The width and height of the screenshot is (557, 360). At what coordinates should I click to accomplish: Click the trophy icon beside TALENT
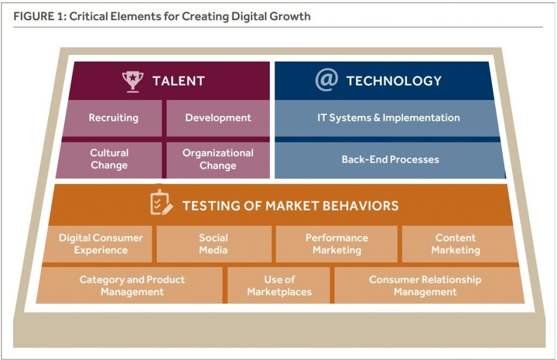point(133,82)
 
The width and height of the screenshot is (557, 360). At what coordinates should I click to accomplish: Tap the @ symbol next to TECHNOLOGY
point(326,80)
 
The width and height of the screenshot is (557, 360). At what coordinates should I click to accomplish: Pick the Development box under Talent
point(218,118)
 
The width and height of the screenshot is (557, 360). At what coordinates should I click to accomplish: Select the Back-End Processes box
point(389,160)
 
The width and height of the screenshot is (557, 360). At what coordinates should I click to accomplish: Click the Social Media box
point(214,244)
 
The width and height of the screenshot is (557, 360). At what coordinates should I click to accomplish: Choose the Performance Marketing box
point(336,244)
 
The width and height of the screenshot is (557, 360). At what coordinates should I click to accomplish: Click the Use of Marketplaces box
point(279,285)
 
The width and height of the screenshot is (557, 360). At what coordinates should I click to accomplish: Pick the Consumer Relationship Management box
point(429,285)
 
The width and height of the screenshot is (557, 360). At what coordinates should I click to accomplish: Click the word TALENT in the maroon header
point(178,81)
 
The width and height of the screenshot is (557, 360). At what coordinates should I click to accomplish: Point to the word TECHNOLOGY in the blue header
point(394,81)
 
